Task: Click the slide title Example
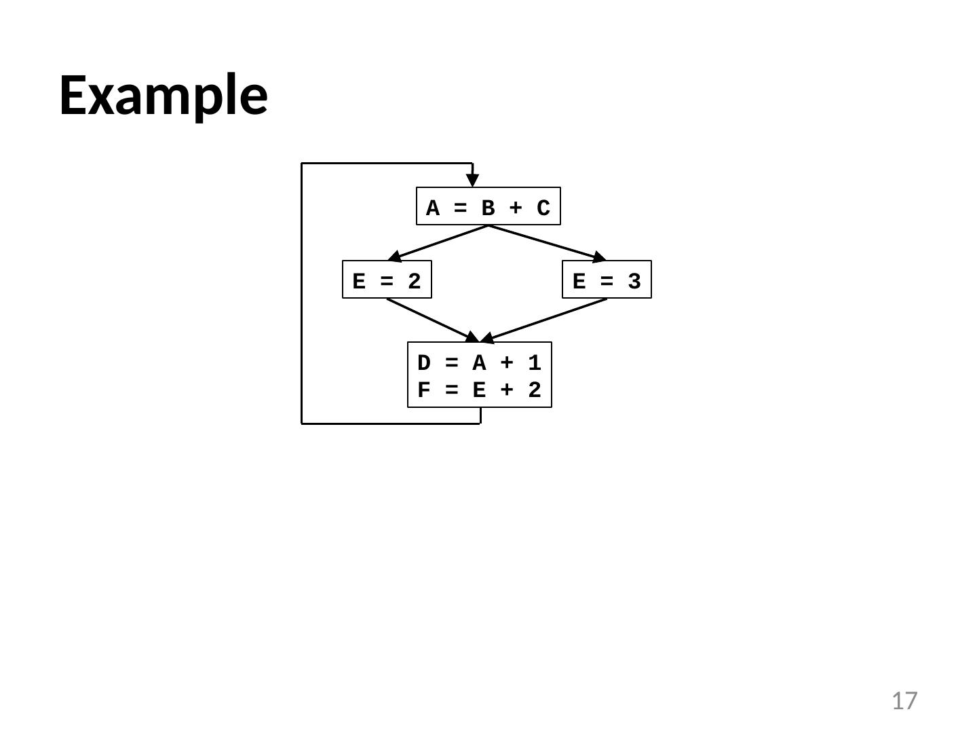point(164,96)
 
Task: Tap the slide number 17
point(904,700)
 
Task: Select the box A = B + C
point(488,206)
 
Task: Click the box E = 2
point(387,280)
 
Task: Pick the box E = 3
point(607,280)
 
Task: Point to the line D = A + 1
point(479,363)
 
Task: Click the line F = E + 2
point(479,390)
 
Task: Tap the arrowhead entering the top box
point(472,180)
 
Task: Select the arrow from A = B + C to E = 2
point(438,242)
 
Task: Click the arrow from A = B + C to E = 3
point(547,242)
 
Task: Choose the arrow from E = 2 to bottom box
point(432,320)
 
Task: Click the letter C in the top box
point(543,208)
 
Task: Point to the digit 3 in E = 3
point(634,281)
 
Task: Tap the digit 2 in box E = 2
point(415,281)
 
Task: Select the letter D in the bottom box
point(424,363)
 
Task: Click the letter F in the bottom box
point(424,390)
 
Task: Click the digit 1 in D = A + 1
point(535,363)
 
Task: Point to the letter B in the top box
point(488,208)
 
